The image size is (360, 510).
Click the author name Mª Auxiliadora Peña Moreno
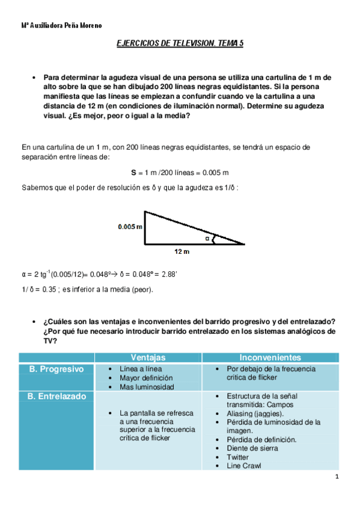[61, 26]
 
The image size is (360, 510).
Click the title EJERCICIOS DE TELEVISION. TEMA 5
[179, 44]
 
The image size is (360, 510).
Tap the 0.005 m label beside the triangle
[130, 227]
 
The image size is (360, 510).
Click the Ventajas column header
[148, 357]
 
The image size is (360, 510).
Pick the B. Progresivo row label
[56, 369]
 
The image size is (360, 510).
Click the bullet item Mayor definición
[146, 378]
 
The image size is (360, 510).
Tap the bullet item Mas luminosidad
[147, 387]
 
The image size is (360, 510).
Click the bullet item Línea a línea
[141, 369]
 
